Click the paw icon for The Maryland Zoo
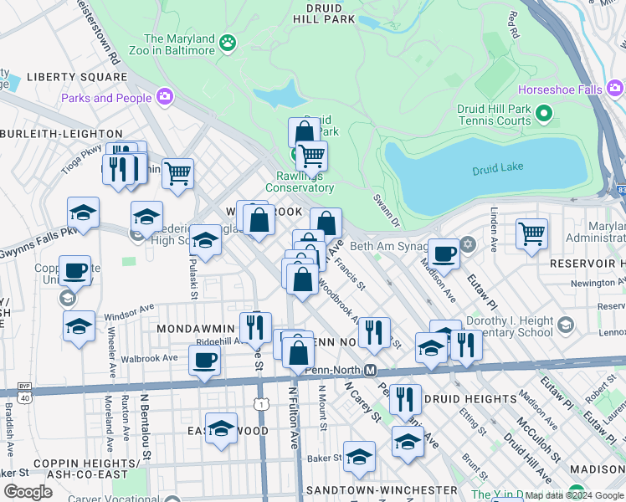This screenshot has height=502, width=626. coord(227,42)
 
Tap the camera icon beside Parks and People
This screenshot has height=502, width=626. coord(163,97)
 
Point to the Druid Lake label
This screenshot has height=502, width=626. coord(497,167)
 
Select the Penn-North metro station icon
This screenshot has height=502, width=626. coord(368,370)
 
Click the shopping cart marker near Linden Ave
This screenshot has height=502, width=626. coord(531,234)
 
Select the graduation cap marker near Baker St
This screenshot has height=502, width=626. coord(359,457)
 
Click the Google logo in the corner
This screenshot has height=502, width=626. coord(28,492)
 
